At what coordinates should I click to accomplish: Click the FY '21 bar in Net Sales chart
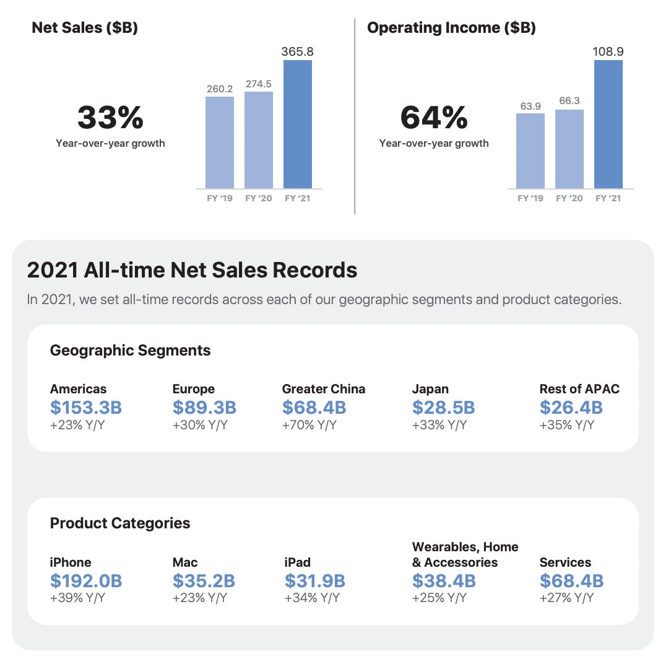pos(298,124)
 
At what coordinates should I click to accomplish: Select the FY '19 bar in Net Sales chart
pos(220,142)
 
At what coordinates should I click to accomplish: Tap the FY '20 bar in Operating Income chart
pos(569,149)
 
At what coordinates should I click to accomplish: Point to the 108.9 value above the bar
pos(608,51)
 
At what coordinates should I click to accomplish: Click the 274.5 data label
pos(259,84)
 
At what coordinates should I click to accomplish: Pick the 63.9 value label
pos(530,106)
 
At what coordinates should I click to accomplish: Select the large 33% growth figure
pos(110,118)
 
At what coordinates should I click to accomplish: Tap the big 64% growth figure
pos(433,118)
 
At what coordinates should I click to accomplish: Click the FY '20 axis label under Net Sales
pos(259,199)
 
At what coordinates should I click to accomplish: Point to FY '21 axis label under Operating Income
pos(608,199)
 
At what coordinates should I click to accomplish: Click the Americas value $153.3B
pos(86,408)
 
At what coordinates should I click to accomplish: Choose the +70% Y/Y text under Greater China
pos(310,425)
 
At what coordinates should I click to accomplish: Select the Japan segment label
pos(430,389)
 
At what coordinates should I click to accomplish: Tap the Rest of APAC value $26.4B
pos(571,408)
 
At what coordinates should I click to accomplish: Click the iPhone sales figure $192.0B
pos(86,581)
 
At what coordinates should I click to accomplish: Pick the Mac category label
pos(185,562)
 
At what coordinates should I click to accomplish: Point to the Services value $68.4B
pos(571,581)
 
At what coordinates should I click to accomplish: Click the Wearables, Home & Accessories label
pos(465,554)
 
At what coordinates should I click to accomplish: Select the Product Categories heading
pos(120,523)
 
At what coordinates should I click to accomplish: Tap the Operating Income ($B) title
pos(451,28)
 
